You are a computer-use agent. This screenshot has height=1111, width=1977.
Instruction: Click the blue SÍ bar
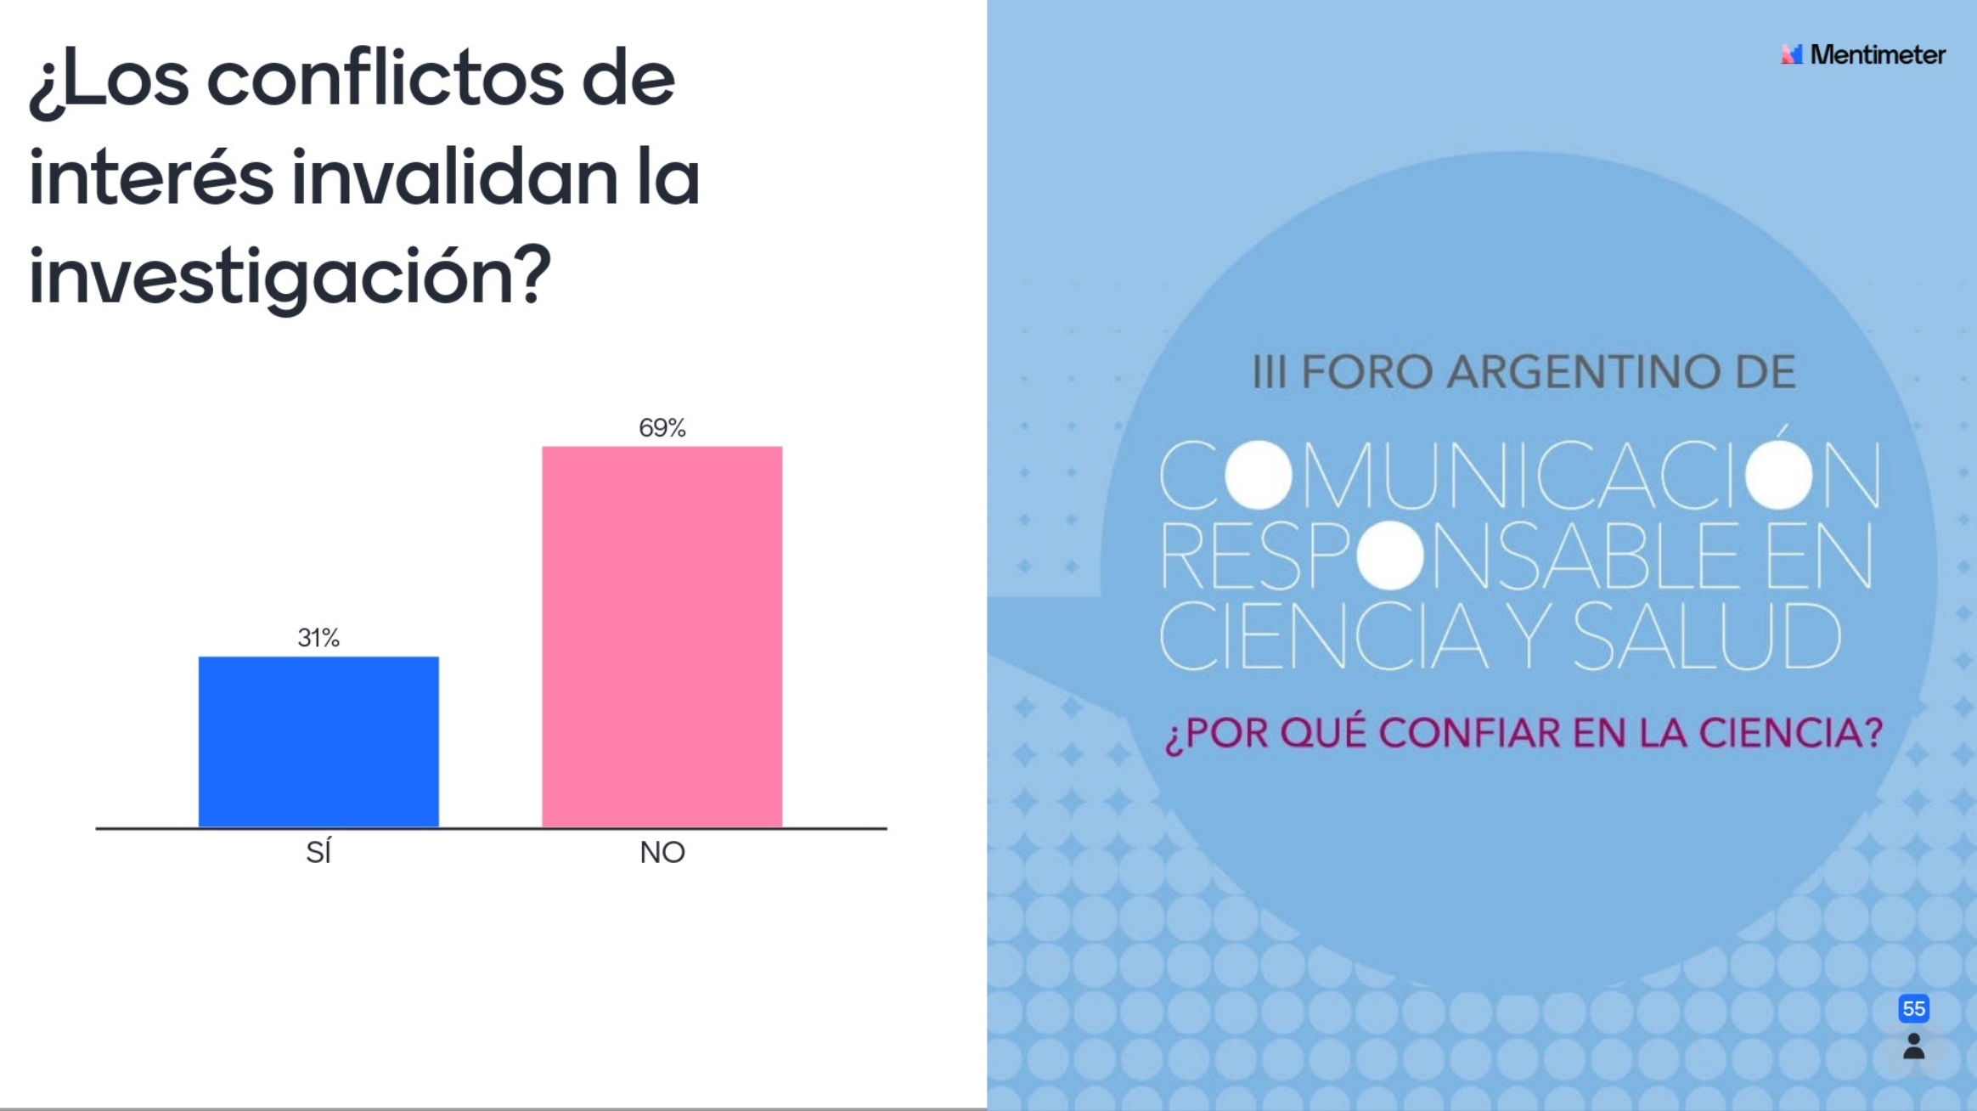318,741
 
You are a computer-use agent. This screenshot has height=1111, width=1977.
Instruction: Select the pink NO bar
662,636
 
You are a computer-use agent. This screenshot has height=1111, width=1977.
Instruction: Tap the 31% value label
318,637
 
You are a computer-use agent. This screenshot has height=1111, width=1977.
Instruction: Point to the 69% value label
662,427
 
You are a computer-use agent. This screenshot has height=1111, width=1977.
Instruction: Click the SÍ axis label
318,852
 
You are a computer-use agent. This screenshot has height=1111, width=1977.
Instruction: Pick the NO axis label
662,852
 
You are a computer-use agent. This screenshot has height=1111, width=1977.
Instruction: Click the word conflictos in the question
385,80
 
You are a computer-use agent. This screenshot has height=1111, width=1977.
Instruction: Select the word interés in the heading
151,178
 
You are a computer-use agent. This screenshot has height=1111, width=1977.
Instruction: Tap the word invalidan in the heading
454,178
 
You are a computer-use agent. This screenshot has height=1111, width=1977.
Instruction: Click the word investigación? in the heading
290,277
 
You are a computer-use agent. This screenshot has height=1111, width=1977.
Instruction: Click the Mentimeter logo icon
1791,54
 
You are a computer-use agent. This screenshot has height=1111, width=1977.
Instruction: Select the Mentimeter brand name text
1877,54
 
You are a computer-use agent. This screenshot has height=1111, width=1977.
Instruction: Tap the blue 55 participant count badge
1913,1008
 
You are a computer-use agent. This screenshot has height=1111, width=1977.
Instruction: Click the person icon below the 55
1913,1046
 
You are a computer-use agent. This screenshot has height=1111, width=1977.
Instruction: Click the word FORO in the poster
1367,372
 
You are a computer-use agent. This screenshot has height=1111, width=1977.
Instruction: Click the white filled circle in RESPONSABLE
1390,555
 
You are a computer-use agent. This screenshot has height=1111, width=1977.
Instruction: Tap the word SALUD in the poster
1707,636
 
